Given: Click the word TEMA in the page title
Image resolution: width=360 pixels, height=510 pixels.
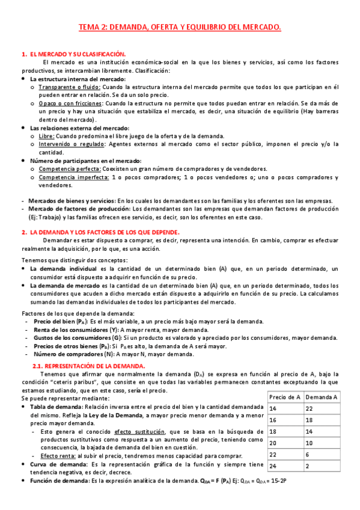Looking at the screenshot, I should [90, 27].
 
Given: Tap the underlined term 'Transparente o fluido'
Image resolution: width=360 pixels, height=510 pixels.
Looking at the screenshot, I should [70, 87].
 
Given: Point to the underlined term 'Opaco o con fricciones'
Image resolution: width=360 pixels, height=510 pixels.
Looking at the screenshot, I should [71, 103].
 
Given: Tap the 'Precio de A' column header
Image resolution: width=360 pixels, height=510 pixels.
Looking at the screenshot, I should [285, 398].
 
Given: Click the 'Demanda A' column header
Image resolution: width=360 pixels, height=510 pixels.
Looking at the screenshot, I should [321, 398].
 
